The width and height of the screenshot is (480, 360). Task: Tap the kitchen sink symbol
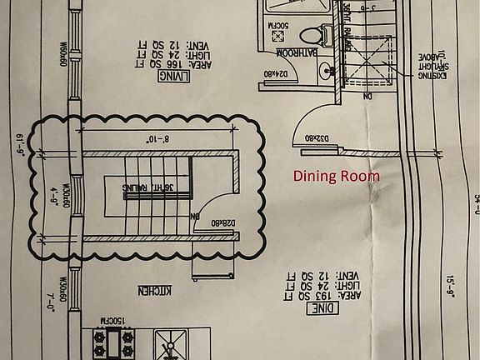point(172,344)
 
